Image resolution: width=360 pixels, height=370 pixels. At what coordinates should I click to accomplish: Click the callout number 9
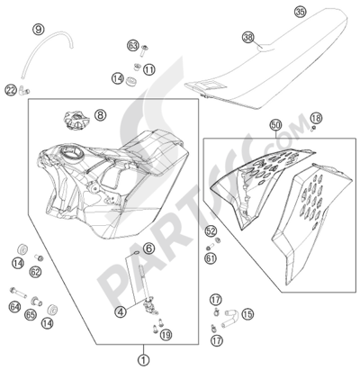click(x=39, y=30)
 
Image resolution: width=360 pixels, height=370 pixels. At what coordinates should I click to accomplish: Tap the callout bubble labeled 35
click(x=301, y=12)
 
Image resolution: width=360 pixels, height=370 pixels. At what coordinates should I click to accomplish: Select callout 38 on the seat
click(x=248, y=38)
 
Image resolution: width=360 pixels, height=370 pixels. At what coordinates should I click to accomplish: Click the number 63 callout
click(x=132, y=46)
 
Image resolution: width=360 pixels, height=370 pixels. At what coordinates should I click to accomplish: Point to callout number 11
click(x=149, y=70)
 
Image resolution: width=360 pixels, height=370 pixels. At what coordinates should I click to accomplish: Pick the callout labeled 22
click(x=11, y=90)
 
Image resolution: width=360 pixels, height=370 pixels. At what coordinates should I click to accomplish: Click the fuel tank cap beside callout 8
click(x=76, y=121)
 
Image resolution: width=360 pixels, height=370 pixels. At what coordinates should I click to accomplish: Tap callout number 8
click(x=101, y=114)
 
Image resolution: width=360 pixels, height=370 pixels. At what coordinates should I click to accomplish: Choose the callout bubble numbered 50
click(x=275, y=124)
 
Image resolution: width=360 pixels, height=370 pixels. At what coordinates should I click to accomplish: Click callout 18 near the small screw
click(x=316, y=118)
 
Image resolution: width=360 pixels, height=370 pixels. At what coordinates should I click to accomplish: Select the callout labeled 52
click(x=211, y=231)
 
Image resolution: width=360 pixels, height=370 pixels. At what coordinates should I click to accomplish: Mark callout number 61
click(x=211, y=257)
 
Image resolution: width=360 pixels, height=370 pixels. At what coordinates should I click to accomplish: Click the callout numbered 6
click(x=149, y=248)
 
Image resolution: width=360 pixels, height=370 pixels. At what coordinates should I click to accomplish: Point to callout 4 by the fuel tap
click(x=121, y=312)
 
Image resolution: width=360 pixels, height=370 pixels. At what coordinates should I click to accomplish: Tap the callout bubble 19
click(x=166, y=335)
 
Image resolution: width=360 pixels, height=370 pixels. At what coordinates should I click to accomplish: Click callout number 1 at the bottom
click(x=144, y=359)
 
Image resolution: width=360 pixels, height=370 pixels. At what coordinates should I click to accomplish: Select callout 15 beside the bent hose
click(x=247, y=314)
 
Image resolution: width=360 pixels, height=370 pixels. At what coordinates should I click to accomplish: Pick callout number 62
click(x=35, y=272)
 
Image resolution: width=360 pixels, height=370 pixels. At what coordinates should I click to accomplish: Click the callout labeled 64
click(x=14, y=307)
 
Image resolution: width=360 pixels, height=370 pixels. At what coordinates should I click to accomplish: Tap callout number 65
click(x=31, y=315)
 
